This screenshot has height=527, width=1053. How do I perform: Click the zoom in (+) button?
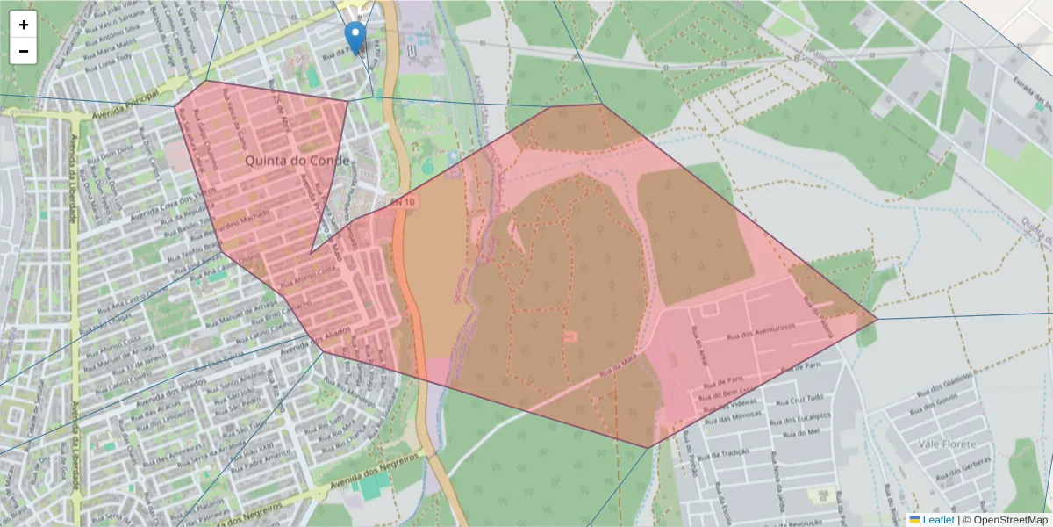tap(24, 25)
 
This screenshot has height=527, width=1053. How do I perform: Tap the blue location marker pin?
tap(355, 38)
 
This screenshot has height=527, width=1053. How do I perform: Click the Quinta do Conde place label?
tap(297, 161)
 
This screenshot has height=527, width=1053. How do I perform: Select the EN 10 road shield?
tap(401, 202)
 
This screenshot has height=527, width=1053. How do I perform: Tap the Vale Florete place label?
tap(947, 444)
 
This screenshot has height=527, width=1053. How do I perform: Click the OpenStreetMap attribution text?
tap(1005, 520)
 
